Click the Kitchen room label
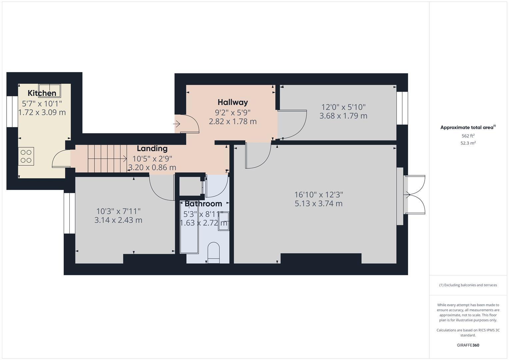click(42, 93)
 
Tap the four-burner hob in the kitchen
click(26, 156)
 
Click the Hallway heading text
click(233, 102)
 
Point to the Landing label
click(152, 148)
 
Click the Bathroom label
click(203, 204)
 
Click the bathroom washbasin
click(223, 221)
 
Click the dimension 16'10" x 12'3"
click(319, 194)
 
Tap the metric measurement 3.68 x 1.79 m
click(343, 116)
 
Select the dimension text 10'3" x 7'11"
click(118, 211)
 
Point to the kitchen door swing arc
click(59, 159)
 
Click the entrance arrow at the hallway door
click(177, 124)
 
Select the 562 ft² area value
click(468, 136)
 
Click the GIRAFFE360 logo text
click(468, 345)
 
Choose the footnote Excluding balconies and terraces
click(468, 285)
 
